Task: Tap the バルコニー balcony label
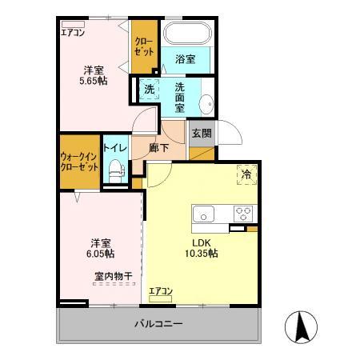coord(158,325)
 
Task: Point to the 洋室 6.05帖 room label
coord(100,247)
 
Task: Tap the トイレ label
coord(114,148)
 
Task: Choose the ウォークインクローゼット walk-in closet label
coord(79,162)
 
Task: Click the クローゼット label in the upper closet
coord(144,46)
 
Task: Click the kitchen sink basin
coord(203,214)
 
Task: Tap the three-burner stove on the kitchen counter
coord(242,214)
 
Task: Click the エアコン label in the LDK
coord(161,291)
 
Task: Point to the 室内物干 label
coord(111,276)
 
